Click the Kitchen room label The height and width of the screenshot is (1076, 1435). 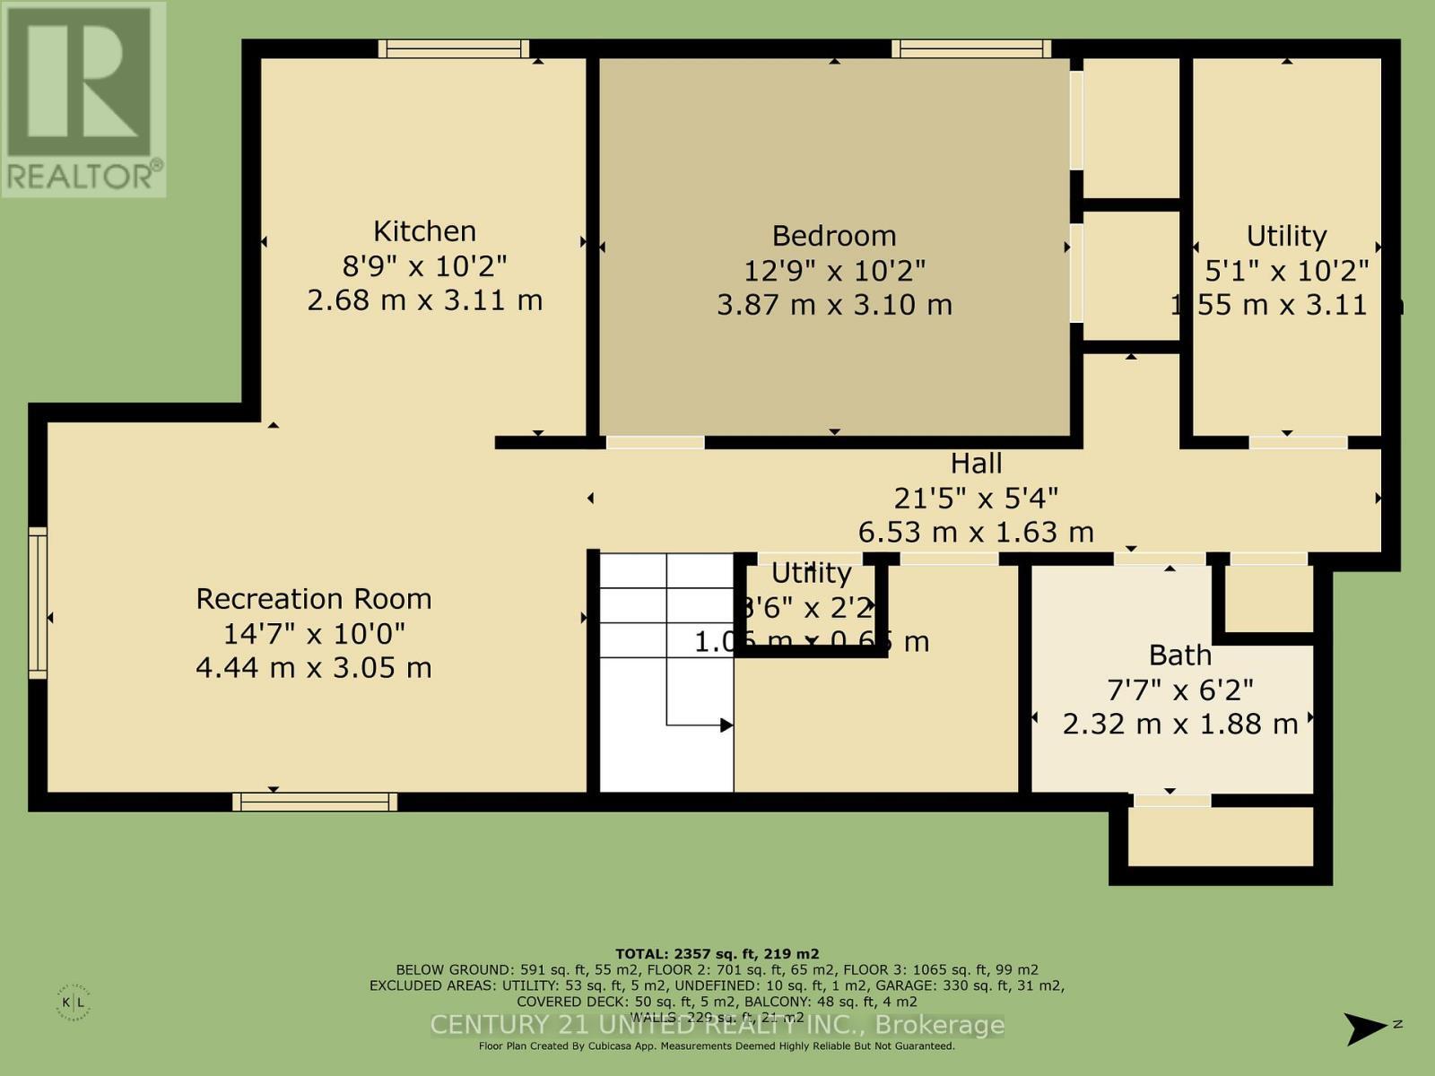[424, 231]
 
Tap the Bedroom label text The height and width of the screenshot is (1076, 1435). [834, 236]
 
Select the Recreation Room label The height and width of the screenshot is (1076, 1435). [314, 599]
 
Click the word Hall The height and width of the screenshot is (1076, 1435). [976, 464]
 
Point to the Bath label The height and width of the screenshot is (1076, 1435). [1179, 655]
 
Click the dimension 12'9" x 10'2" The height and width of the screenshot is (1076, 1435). [834, 270]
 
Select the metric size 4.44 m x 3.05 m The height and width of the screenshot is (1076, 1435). [314, 668]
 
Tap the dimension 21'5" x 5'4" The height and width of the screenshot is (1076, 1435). [976, 498]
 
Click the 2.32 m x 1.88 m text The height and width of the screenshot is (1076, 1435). [1179, 724]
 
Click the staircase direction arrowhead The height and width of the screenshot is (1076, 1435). [726, 725]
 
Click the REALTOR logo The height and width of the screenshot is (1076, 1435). [83, 99]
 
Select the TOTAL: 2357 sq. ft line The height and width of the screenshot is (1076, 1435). [717, 954]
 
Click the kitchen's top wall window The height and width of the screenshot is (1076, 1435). [453, 48]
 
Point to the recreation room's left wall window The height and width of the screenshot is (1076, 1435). [37, 603]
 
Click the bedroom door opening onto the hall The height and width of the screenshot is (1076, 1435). [655, 442]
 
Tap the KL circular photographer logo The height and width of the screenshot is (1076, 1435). [79, 1002]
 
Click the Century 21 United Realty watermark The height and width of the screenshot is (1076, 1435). [717, 1025]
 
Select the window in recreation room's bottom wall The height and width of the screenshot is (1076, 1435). [315, 802]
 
